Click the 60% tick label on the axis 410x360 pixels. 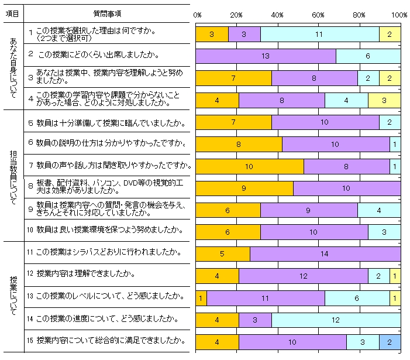(319, 15)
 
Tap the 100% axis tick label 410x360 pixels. (399, 15)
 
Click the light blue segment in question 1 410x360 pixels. (319, 35)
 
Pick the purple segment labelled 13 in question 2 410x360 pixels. (266, 56)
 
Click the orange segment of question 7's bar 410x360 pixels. (249, 166)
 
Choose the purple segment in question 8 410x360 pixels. (346, 188)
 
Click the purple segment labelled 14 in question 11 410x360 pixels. (325, 254)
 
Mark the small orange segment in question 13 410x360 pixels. (201, 298)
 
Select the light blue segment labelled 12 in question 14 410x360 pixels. (336, 320)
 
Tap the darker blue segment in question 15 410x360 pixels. (390, 342)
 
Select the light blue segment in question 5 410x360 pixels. (390, 122)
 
